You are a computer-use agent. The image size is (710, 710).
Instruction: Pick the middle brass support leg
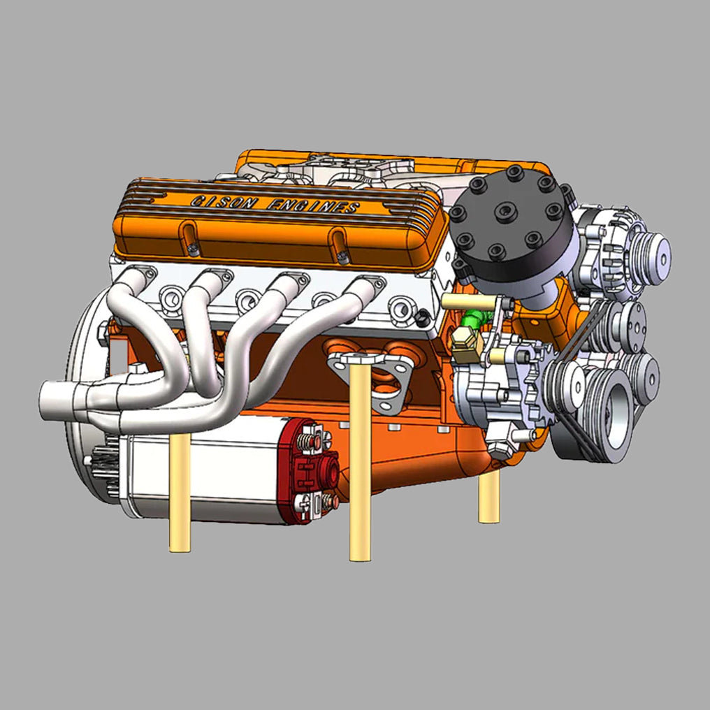[360, 461]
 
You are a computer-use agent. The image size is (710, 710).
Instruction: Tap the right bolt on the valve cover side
[342, 256]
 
